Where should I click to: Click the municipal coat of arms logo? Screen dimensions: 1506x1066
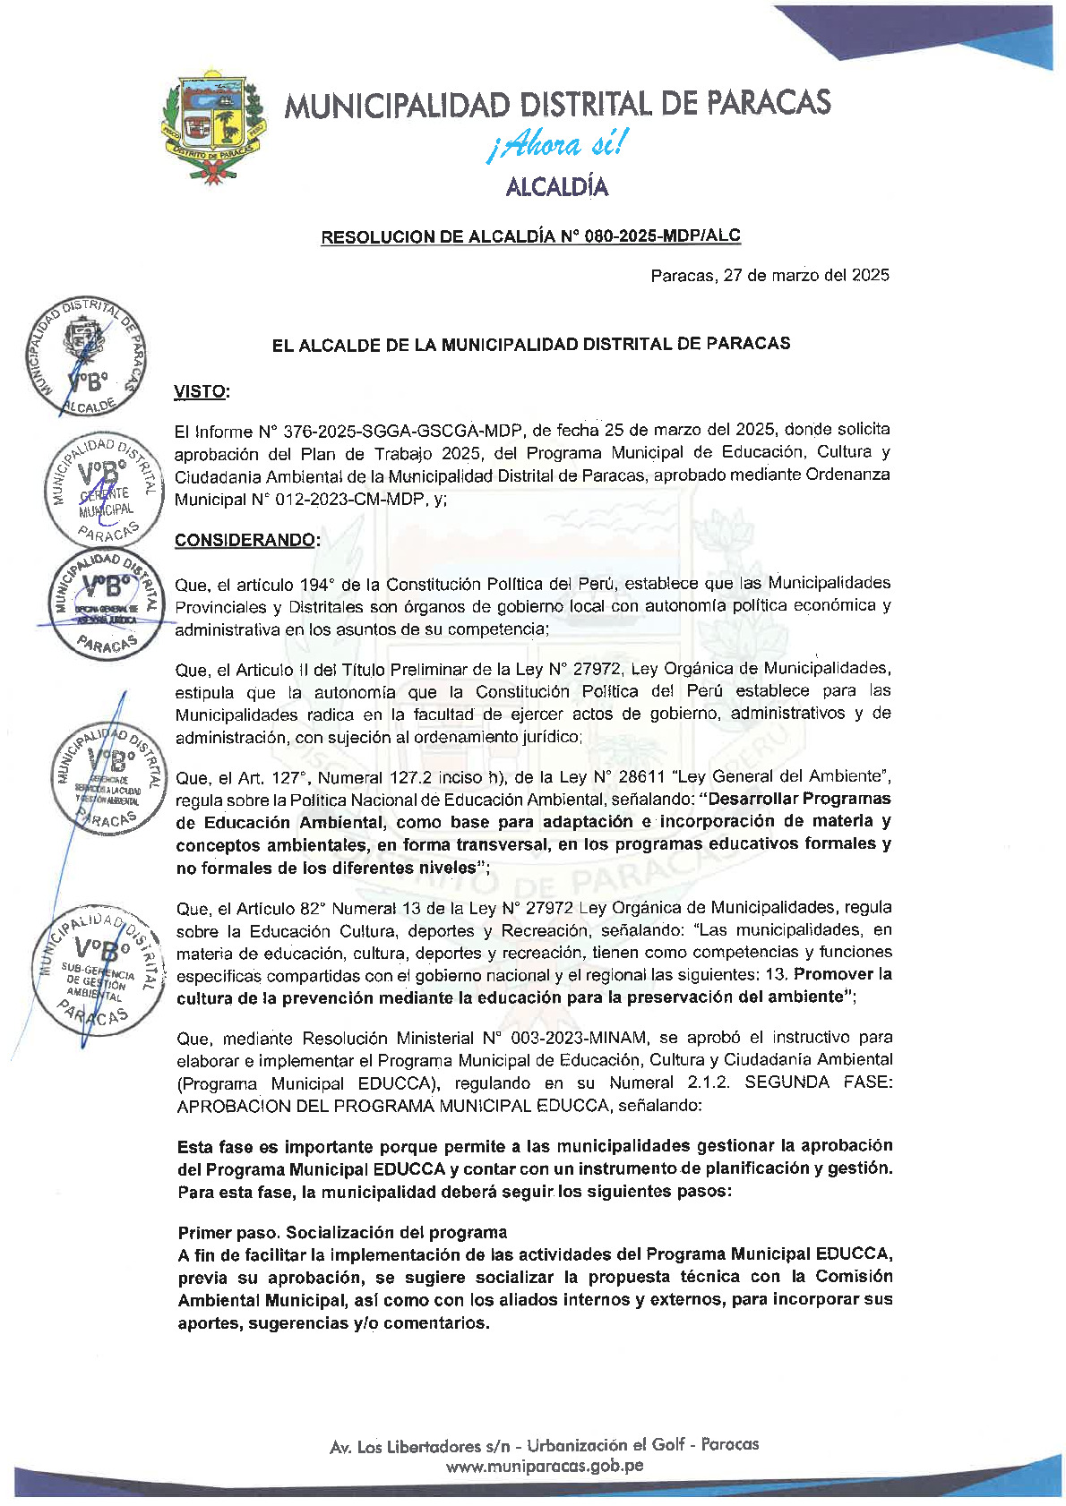click(x=213, y=126)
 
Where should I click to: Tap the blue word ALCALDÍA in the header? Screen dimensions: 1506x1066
click(x=556, y=187)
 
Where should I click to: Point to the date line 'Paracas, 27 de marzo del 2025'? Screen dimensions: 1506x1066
click(x=769, y=276)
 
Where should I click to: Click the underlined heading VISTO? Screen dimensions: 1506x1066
click(x=201, y=391)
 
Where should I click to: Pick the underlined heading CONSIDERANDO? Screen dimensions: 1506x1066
click(x=246, y=540)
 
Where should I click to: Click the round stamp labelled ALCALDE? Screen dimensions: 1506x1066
click(x=86, y=356)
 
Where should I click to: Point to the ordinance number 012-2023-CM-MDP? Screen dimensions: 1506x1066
click(x=335, y=500)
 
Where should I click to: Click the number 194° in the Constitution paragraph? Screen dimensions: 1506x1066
click(x=314, y=585)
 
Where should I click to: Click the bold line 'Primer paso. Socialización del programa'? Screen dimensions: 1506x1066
click(x=342, y=1232)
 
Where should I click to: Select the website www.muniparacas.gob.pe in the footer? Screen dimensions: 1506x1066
click(x=545, y=1466)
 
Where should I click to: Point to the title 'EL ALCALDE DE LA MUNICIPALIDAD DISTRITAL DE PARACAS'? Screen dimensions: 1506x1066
click(x=531, y=344)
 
